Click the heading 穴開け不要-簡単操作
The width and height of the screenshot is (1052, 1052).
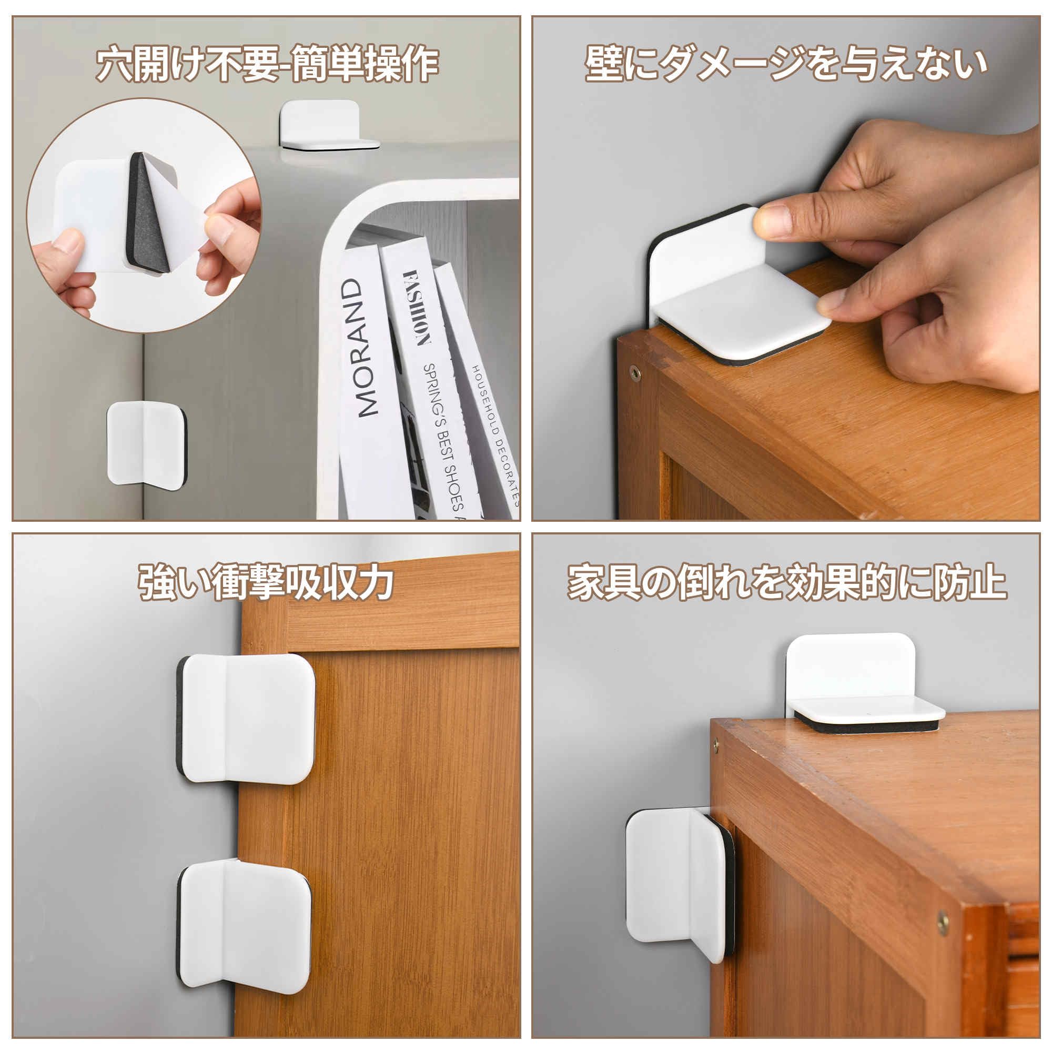[x=267, y=65]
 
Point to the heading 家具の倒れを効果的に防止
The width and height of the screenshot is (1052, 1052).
[x=787, y=583]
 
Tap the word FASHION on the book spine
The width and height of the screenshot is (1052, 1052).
[x=417, y=308]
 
